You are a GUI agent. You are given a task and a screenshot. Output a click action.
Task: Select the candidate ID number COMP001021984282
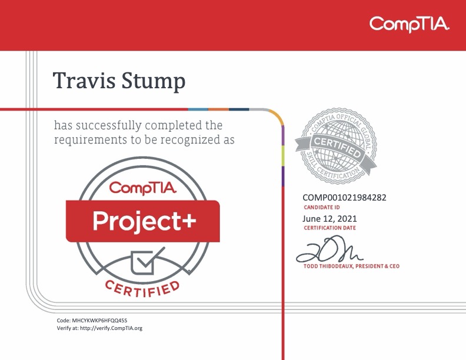tap(344, 198)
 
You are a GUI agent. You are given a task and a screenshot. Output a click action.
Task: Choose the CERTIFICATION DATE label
tap(329, 228)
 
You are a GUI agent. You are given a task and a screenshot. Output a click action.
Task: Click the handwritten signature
tap(329, 249)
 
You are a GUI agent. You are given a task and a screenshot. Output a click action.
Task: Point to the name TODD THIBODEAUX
tap(331, 266)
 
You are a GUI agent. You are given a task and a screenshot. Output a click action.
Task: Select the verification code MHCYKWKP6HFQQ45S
tap(99, 320)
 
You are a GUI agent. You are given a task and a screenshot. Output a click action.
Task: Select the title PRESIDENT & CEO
tap(380, 266)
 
